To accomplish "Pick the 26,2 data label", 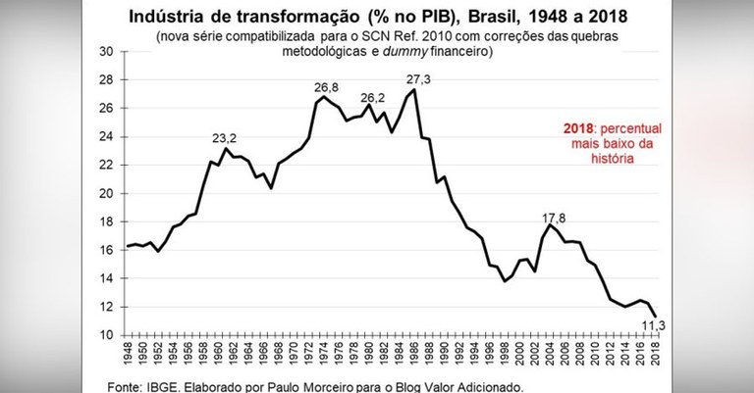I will [x=371, y=98].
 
